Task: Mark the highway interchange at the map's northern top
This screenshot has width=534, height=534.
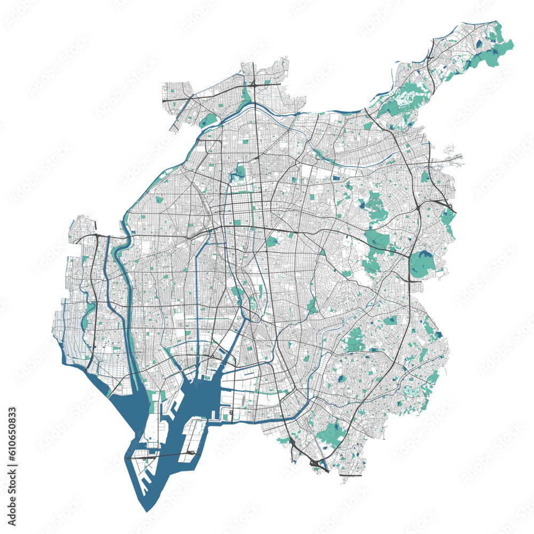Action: coord(254,83)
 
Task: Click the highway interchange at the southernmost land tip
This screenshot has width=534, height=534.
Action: coord(319,466)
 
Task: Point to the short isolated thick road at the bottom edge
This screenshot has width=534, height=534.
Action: coord(350,475)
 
